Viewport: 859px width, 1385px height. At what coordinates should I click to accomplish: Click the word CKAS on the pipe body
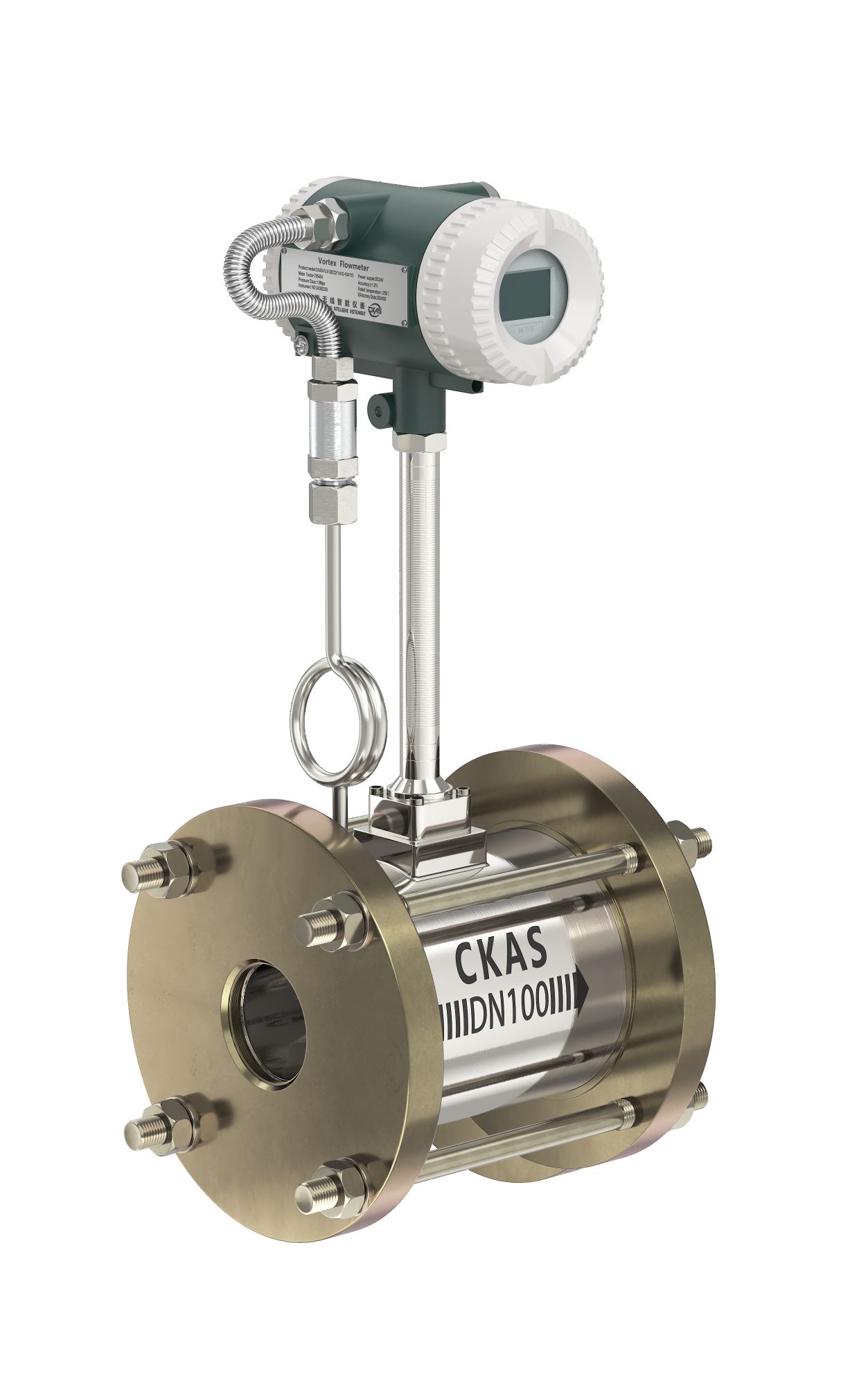coord(501,959)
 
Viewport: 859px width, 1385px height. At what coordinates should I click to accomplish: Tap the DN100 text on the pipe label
coord(511,1015)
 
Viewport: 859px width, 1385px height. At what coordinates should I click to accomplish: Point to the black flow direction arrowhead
coord(581,991)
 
